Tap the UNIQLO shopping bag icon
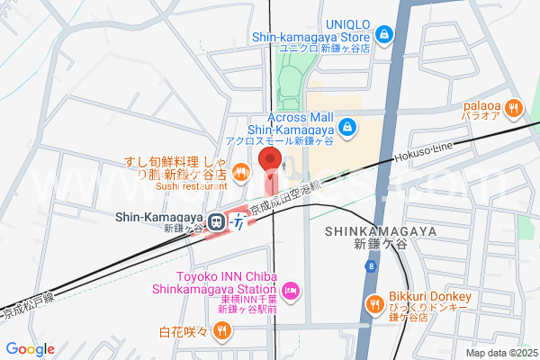coord(384,34)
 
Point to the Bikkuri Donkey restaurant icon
coord(373,305)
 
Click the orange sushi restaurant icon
coord(239,171)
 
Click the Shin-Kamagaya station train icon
coord(216,220)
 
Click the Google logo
coord(30,349)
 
